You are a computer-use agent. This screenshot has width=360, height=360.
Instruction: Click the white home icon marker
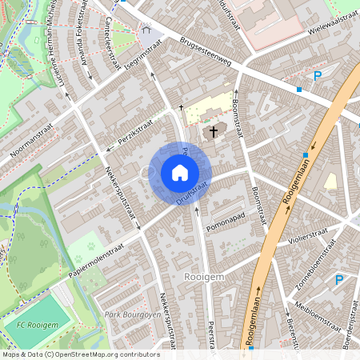pos(180,172)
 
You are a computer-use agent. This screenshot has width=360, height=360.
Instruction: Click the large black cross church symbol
pos(213,132)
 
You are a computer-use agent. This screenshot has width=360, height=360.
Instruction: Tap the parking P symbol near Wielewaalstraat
pos(317,76)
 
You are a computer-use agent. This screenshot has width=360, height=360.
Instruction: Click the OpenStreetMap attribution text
pos(80,354)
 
